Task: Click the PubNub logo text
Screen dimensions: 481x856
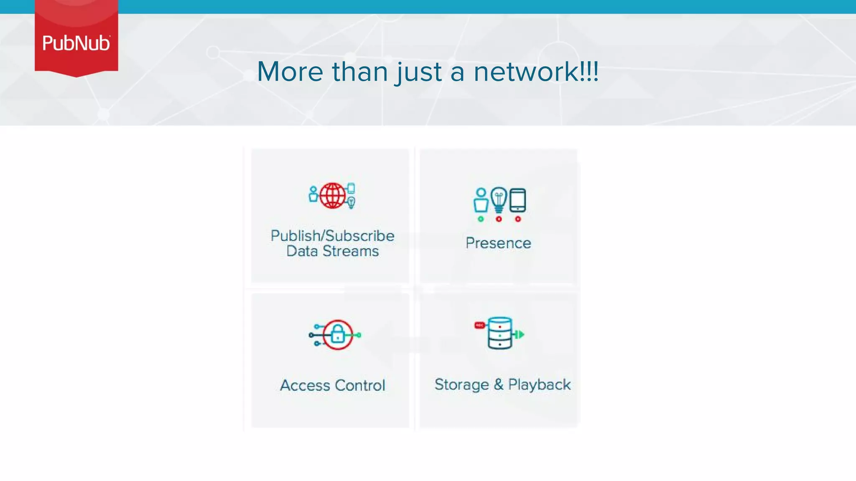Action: click(76, 43)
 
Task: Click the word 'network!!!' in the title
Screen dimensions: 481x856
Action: click(536, 71)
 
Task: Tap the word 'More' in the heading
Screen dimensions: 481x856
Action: click(290, 71)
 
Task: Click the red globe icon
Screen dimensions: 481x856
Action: click(333, 195)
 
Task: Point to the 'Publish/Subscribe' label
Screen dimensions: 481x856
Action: click(332, 235)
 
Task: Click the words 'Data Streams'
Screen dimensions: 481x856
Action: click(332, 251)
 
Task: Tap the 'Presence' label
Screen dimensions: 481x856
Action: click(498, 243)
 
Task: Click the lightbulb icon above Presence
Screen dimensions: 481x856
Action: click(499, 200)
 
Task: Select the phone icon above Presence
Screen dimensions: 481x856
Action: click(518, 200)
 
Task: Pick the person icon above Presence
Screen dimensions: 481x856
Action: click(481, 200)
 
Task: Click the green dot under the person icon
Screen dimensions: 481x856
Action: click(481, 219)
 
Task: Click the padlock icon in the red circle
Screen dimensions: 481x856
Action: click(338, 334)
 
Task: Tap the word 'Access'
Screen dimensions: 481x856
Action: click(305, 385)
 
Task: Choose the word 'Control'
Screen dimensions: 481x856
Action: click(360, 385)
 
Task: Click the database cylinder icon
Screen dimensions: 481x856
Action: click(499, 333)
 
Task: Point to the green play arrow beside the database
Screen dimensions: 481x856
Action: click(520, 334)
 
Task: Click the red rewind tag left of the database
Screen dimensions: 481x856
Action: click(480, 325)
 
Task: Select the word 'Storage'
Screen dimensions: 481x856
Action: click(461, 385)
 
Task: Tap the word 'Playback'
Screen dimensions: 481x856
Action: click(539, 385)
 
